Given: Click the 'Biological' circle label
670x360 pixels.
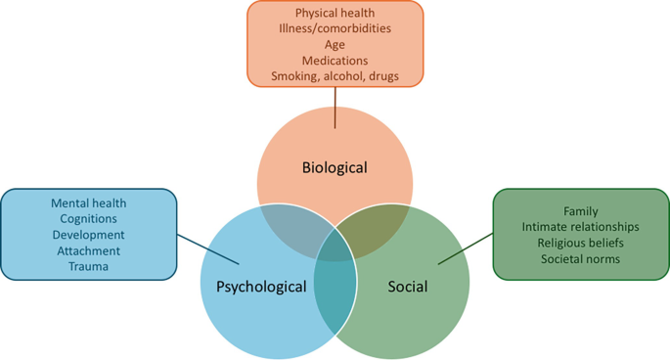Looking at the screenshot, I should pyautogui.click(x=335, y=167).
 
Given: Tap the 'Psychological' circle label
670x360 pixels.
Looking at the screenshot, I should pyautogui.click(x=261, y=287).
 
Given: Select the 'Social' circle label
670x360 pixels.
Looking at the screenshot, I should pyautogui.click(x=407, y=287).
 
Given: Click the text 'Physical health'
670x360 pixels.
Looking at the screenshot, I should pyautogui.click(x=335, y=13).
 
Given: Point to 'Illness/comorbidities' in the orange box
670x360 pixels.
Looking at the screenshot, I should pyautogui.click(x=335, y=28).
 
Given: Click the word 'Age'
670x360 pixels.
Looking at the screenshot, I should pyautogui.click(x=335, y=44).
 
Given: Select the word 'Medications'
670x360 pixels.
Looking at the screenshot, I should pyautogui.click(x=335, y=60).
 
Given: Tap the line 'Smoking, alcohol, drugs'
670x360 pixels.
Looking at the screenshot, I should pyautogui.click(x=335, y=75).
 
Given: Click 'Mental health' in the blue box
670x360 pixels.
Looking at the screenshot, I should pyautogui.click(x=88, y=202).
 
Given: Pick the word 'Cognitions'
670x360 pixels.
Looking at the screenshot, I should pyautogui.click(x=88, y=218).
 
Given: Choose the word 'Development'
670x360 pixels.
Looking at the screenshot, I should pyautogui.click(x=88, y=235).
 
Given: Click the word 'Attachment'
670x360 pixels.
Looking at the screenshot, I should pyautogui.click(x=88, y=250).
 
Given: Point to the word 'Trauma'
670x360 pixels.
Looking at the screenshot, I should pyautogui.click(x=88, y=266).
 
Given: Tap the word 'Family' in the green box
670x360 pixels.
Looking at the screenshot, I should pyautogui.click(x=581, y=211).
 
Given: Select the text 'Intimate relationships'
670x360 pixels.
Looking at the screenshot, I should pyautogui.click(x=581, y=227).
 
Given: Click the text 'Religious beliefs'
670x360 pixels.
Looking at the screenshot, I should pyautogui.click(x=581, y=243).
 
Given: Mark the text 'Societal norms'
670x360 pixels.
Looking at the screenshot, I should pyautogui.click(x=581, y=258).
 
